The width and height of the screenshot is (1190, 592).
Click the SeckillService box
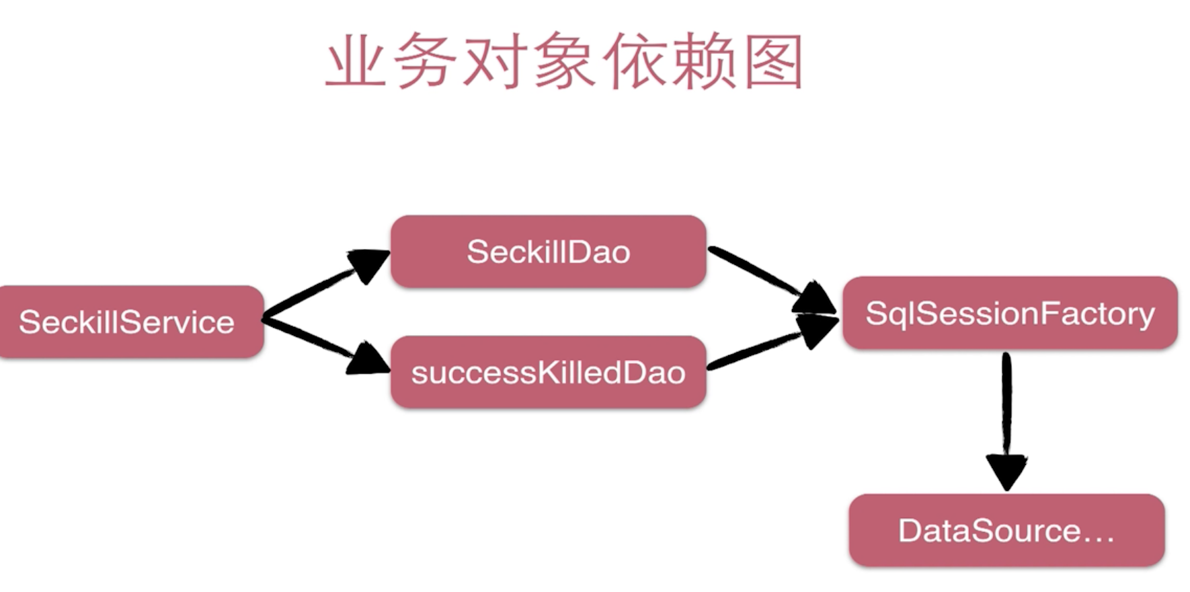coord(128,322)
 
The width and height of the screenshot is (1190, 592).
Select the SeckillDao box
coord(548,252)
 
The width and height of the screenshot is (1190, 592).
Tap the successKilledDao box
coord(548,372)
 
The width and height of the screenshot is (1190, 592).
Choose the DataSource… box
coord(1006,530)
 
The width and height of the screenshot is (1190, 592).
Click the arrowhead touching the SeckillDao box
coord(368,262)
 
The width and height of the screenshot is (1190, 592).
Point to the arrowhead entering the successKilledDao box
coord(366,359)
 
